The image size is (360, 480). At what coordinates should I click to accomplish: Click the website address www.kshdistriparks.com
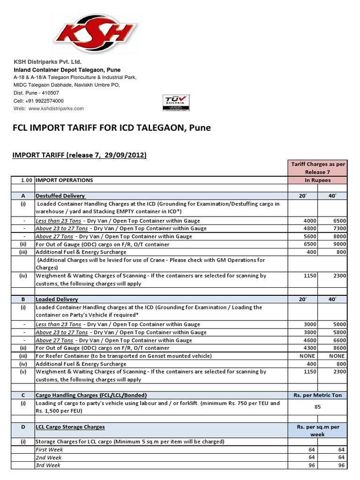click(x=56, y=108)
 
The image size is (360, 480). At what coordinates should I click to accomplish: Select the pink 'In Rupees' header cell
click(x=318, y=180)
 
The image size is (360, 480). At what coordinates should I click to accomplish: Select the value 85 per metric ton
click(x=317, y=407)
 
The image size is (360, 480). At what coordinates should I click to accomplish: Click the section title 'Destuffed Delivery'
click(x=60, y=195)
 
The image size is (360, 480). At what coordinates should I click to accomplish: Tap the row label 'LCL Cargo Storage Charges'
click(x=70, y=427)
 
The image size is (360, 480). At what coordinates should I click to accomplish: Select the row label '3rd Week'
click(x=48, y=465)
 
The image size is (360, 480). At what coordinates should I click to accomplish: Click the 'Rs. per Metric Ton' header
click(x=317, y=395)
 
